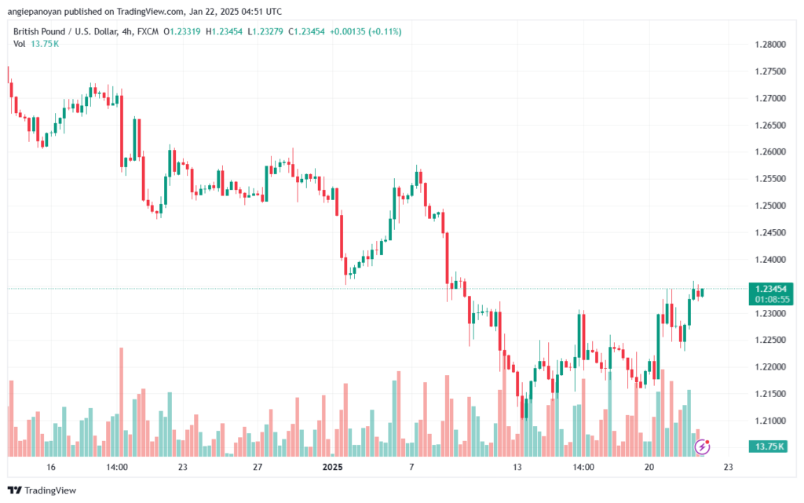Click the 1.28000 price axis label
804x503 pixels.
click(x=770, y=45)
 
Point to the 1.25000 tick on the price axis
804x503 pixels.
click(x=770, y=206)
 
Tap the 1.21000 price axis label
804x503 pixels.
click(x=770, y=421)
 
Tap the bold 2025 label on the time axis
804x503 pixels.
click(x=332, y=467)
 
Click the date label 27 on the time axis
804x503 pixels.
click(x=258, y=467)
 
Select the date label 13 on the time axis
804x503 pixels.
click(x=517, y=467)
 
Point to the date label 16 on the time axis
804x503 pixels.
click(x=50, y=467)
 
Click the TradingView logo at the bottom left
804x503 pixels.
click(x=42, y=490)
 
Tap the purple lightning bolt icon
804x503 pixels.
click(x=702, y=447)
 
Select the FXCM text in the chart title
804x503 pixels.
click(x=148, y=31)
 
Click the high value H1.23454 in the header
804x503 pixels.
click(x=224, y=31)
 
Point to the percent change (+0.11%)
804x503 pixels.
click(x=385, y=31)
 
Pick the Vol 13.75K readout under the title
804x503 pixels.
click(x=36, y=44)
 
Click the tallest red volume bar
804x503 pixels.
click(x=122, y=402)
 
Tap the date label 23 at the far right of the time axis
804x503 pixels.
click(x=728, y=467)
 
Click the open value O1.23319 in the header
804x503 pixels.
click(x=182, y=31)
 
